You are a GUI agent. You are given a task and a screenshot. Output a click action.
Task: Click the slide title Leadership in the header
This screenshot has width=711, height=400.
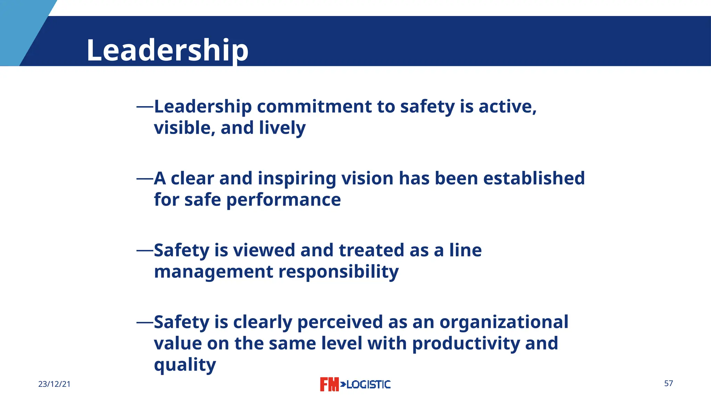click(x=167, y=50)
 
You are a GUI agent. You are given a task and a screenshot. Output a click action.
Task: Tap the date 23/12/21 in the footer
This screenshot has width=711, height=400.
click(x=54, y=384)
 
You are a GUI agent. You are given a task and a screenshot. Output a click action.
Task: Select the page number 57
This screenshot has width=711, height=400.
click(x=669, y=383)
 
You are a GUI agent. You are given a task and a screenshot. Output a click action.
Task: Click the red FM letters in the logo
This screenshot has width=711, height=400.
click(x=329, y=384)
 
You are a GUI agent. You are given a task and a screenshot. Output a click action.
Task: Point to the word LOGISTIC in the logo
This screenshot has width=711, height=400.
click(x=368, y=384)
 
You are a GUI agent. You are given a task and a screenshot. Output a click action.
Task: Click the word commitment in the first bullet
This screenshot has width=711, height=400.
click(x=314, y=106)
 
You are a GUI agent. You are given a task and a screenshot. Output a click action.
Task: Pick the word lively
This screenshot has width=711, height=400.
click(x=282, y=128)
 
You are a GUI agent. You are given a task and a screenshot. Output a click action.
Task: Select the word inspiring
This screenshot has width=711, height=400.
click(x=297, y=179)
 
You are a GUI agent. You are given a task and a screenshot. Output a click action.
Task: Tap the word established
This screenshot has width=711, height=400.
click(x=534, y=178)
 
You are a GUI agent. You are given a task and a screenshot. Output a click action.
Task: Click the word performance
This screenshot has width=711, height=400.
click(x=284, y=200)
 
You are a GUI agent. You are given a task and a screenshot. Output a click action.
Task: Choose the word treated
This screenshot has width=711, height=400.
click(x=371, y=250)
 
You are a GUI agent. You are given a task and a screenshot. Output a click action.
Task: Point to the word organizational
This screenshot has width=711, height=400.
click(x=504, y=322)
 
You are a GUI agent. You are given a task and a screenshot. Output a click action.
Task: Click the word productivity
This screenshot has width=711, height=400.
click(x=466, y=344)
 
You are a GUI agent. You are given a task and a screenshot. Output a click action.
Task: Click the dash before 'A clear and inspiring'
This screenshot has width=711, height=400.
click(x=145, y=179)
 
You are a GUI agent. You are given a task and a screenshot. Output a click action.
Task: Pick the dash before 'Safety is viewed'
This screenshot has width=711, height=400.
click(x=145, y=250)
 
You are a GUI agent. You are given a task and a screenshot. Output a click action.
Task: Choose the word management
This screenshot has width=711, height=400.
click(x=214, y=272)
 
